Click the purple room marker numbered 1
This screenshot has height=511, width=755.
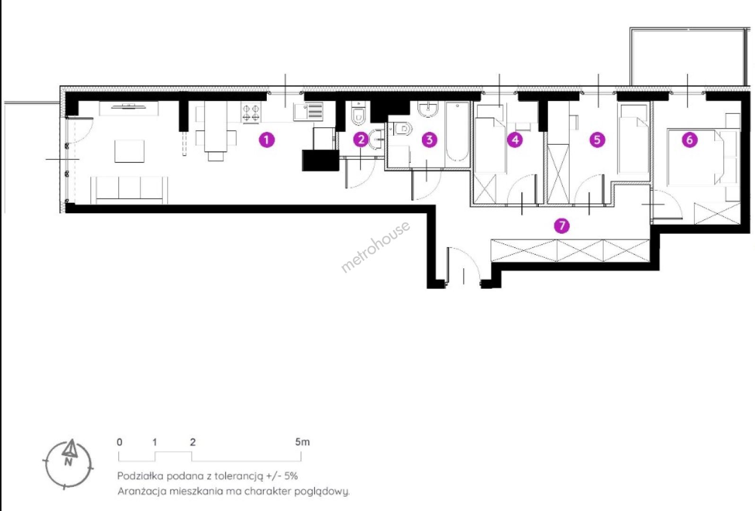click(267, 140)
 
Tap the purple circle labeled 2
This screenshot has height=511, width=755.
click(361, 140)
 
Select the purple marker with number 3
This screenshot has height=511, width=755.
click(430, 140)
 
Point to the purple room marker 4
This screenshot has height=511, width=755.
click(515, 140)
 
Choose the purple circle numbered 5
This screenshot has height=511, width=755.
click(597, 140)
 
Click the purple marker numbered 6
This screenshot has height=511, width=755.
click(690, 140)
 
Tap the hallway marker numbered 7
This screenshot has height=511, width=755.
click(562, 226)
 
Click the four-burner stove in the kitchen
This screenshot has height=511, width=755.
click(251, 113)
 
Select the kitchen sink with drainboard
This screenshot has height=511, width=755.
click(308, 112)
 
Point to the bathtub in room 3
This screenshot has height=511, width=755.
click(457, 132)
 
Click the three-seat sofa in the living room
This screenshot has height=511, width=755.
click(130, 190)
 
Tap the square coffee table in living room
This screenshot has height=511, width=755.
click(130, 151)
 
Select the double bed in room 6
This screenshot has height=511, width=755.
click(696, 157)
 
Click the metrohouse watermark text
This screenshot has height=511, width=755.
click(376, 247)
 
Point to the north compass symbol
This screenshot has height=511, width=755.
click(69, 464)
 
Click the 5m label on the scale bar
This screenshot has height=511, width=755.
click(302, 442)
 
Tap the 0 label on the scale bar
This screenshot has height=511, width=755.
click(120, 442)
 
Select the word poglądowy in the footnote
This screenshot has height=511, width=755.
click(322, 492)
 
